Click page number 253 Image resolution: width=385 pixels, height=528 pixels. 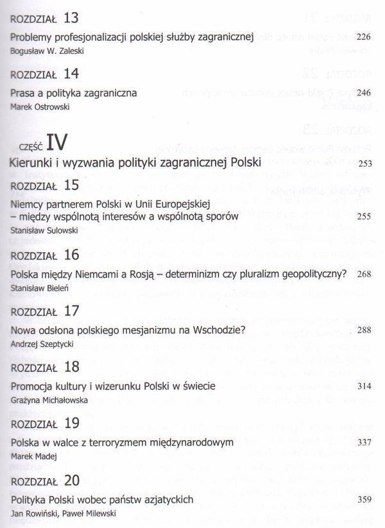pos(364,164)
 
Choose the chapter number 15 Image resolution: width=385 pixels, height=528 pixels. pos(72,185)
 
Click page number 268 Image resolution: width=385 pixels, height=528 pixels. pos(364,275)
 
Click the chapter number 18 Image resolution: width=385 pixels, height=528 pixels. pos(72,367)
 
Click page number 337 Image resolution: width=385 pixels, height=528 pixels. pos(364,443)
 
